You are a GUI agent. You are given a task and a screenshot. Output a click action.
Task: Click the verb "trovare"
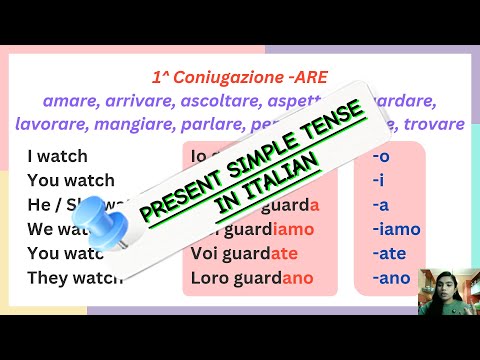tap(433, 124)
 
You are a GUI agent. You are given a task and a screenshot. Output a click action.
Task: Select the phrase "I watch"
tap(58, 156)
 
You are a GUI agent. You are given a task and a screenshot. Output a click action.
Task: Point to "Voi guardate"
tap(245, 253)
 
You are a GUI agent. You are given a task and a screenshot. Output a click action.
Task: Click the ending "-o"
tap(381, 156)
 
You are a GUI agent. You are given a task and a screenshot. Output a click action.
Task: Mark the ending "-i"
tap(378, 181)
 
